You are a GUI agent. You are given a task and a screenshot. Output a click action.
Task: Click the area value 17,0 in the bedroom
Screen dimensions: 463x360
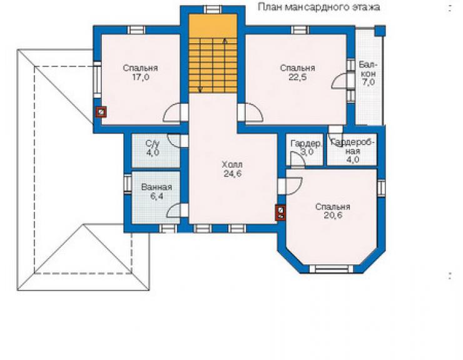tap(141, 78)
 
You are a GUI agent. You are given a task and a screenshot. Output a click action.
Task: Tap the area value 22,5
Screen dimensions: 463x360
tap(297, 78)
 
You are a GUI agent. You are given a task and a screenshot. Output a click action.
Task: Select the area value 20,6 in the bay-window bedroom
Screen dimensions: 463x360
tap(333, 215)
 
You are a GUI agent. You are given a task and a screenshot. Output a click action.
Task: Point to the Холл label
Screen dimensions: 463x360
tap(232, 164)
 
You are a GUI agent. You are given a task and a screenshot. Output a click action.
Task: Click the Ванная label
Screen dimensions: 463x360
tap(156, 187)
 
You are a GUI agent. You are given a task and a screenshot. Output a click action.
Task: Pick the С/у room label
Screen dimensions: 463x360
tap(153, 144)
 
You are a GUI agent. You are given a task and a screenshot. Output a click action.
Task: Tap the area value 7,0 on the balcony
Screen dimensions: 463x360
tap(368, 82)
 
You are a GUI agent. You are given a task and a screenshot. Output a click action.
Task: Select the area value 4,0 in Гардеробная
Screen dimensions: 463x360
tap(352, 160)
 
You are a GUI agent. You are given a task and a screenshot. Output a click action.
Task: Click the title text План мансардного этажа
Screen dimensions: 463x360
tap(319, 7)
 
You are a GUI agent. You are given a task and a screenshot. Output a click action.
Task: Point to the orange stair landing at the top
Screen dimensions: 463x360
tap(213, 26)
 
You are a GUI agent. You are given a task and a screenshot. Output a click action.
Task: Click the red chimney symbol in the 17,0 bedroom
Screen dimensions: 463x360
tap(101, 112)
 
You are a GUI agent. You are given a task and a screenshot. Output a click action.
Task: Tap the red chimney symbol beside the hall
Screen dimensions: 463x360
tap(280, 213)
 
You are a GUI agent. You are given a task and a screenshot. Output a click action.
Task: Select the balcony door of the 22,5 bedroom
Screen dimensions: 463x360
tap(340, 80)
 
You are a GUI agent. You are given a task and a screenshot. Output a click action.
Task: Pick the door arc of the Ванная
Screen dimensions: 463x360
tap(173, 211)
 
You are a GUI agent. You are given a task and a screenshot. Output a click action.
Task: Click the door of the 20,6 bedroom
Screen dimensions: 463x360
tap(290, 186)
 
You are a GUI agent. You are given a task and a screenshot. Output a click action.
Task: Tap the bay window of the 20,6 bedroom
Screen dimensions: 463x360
tap(331, 269)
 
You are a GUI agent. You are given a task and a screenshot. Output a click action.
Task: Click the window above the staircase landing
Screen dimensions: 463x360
tap(213, 9)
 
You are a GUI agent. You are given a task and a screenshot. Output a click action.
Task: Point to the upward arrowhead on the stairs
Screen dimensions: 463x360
tap(225, 41)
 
